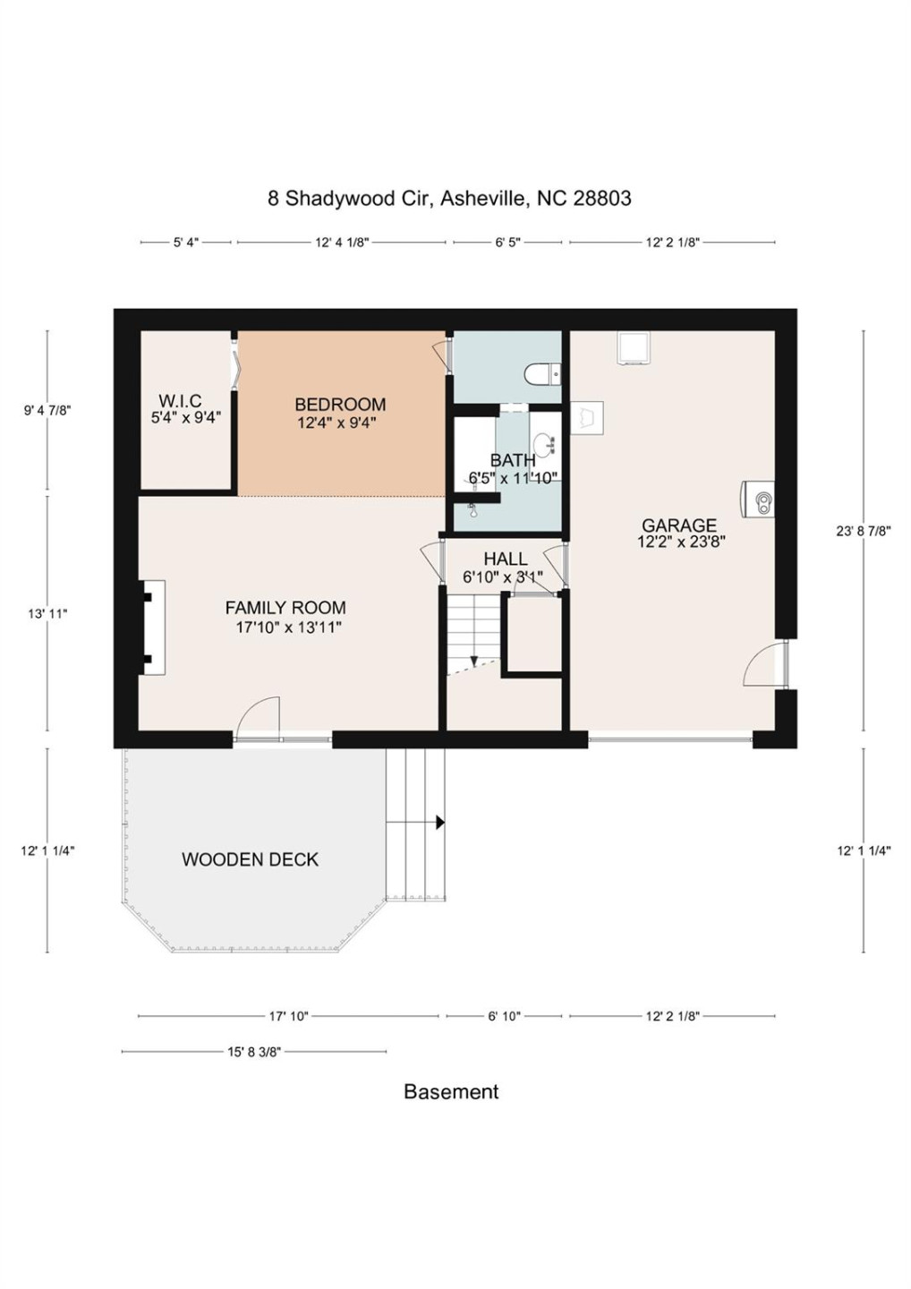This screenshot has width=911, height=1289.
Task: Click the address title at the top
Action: pos(449,198)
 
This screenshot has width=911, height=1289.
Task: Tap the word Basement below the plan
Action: pos(451,1091)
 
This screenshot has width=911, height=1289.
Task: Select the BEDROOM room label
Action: pos(340,405)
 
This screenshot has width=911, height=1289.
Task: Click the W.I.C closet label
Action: pos(180,401)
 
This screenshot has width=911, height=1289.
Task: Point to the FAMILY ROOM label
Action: pos(285,608)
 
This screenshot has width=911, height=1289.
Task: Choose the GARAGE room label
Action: pos(679,525)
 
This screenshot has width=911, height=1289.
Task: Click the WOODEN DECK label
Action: pos(250,859)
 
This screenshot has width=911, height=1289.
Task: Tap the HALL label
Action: pos(505,559)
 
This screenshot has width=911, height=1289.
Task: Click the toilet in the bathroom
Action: pos(542,373)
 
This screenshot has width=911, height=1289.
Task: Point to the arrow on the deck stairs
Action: pos(439,822)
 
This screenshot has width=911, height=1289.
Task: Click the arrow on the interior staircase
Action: pos(473,661)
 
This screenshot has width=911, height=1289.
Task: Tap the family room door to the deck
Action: pos(259,719)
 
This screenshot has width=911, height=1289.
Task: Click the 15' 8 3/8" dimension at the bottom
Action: pos(254,1052)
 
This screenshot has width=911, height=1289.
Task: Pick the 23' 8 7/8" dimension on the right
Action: pos(863,531)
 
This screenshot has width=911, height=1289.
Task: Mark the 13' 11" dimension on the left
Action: pos(47,614)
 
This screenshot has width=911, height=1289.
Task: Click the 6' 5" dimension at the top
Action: pos(507,243)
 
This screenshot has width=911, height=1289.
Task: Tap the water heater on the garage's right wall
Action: pos(759,499)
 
